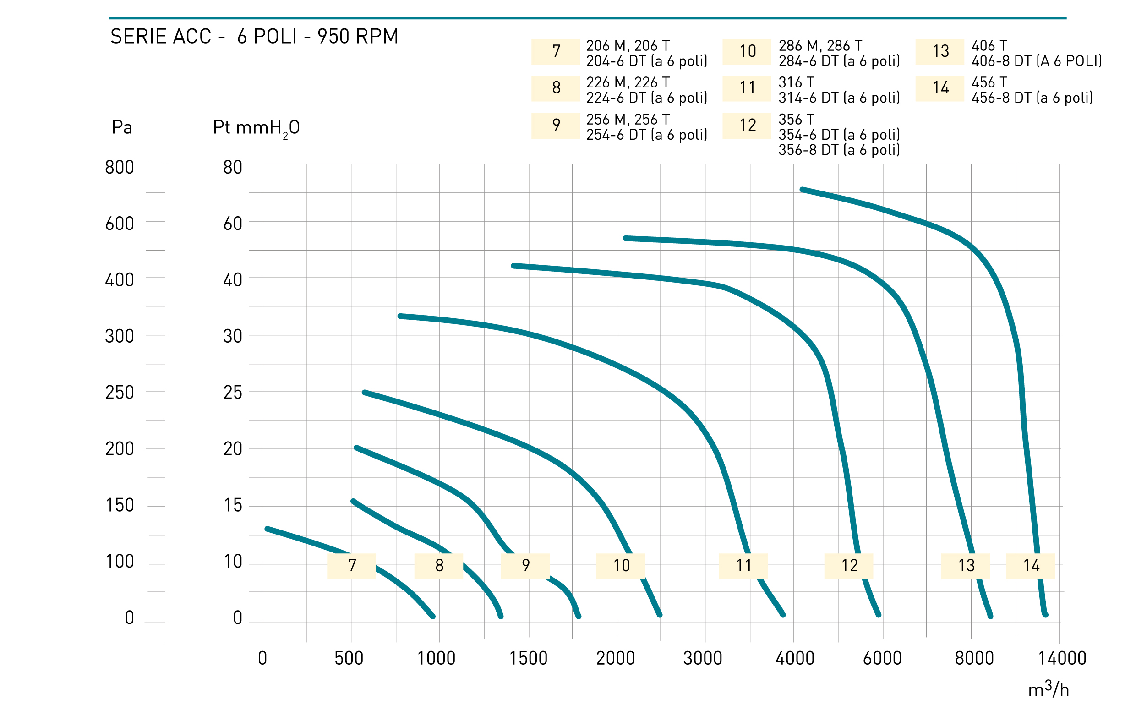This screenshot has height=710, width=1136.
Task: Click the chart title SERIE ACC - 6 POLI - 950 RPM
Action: pos(254,36)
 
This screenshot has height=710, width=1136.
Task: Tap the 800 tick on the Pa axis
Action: pos(119,167)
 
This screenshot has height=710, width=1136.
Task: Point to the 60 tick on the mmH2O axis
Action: pos(232,224)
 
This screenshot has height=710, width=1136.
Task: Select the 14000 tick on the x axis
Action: pos(1062,658)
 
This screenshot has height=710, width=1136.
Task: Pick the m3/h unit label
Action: pos(1048,688)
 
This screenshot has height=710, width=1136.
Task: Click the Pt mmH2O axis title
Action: pos(257,128)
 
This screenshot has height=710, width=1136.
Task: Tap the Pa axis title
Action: pos(121,127)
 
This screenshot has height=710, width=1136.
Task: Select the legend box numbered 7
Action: pos(556,52)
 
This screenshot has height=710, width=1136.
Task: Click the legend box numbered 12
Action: pos(747,126)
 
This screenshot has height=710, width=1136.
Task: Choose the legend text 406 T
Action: pos(989,45)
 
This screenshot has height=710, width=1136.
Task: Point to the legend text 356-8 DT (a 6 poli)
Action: pos(839,150)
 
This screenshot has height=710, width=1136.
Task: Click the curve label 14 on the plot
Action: pos(1030,566)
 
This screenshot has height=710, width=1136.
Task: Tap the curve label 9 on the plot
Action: pos(525,566)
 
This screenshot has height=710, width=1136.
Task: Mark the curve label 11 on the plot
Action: pos(743,566)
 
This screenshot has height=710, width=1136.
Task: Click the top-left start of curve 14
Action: pos(802,190)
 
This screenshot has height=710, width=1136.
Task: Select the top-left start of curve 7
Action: pos(267,529)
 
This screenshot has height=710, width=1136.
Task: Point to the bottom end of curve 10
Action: pos(660,615)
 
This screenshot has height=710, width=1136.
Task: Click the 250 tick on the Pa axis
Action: pos(119,393)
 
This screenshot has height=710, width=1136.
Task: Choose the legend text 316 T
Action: pos(796,82)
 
